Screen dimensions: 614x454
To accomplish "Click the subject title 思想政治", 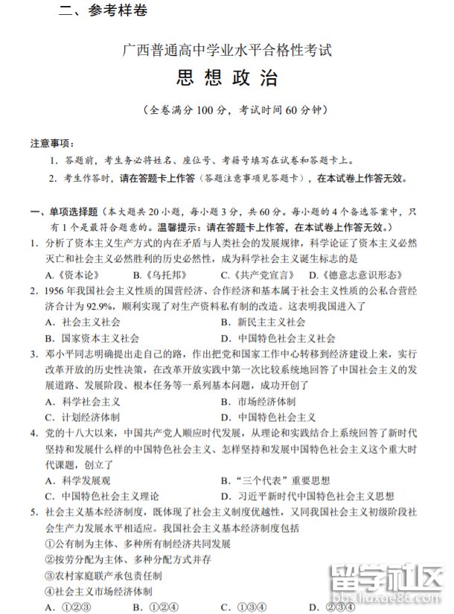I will click(227, 79).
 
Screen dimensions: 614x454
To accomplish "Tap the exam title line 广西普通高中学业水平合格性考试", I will click(227, 51).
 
